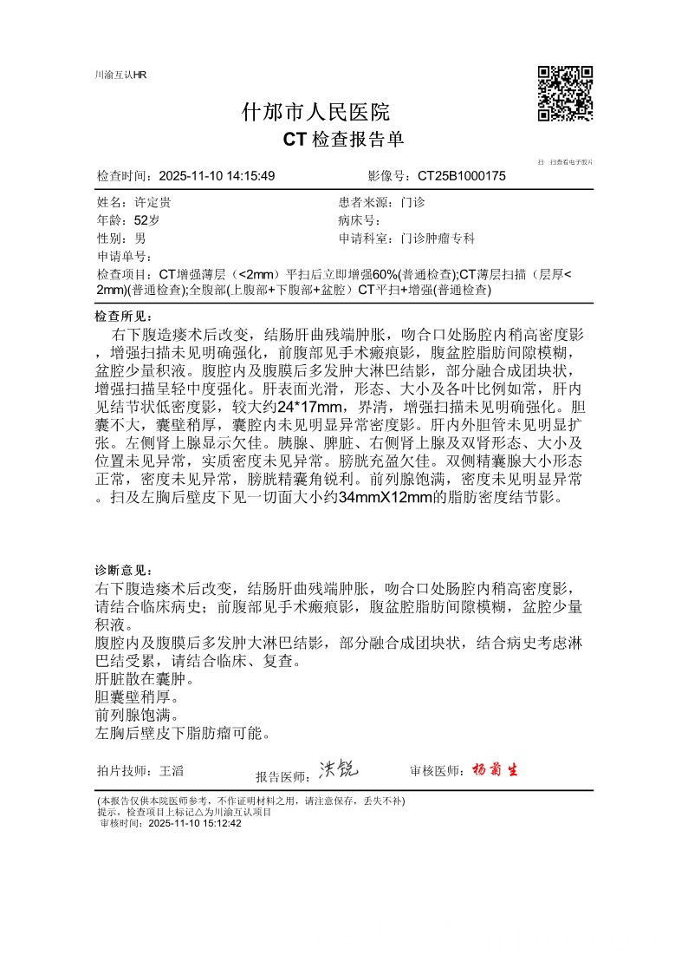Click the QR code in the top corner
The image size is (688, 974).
click(x=565, y=93)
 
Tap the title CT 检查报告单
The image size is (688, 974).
click(x=343, y=140)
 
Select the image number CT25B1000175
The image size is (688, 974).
click(x=461, y=176)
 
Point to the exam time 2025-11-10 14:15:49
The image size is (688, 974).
click(x=217, y=176)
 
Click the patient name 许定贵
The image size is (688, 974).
click(x=153, y=202)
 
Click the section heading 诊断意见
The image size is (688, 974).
click(x=123, y=570)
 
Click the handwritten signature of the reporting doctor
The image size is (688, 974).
click(x=338, y=768)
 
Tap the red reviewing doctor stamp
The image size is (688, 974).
click(x=495, y=770)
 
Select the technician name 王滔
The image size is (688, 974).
click(x=172, y=770)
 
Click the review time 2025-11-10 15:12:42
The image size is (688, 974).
click(x=195, y=824)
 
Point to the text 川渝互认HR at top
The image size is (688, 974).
click(x=120, y=75)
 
